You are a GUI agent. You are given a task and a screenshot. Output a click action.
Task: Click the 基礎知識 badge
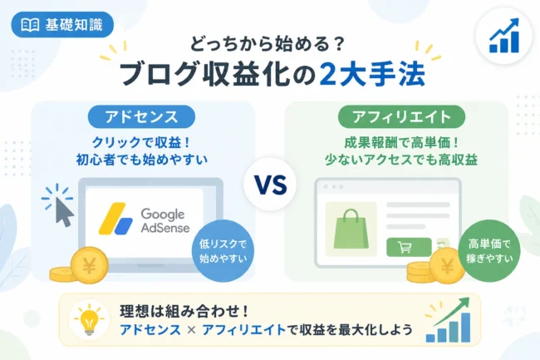click(62, 25)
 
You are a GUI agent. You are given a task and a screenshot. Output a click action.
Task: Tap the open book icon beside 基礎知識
click(30, 25)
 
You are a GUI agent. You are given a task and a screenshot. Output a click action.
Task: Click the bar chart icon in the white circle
click(503, 36)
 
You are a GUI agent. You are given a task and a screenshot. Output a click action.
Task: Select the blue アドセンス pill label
click(141, 116)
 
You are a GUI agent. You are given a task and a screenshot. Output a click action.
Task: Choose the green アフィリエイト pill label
click(401, 116)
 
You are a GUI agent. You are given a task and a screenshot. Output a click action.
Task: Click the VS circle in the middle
click(270, 185)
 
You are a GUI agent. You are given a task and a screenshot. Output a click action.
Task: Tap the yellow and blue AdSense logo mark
click(115, 219)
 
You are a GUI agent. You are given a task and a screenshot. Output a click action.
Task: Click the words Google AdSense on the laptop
click(165, 220)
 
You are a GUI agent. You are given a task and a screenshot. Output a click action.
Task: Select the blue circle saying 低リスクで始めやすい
click(223, 251)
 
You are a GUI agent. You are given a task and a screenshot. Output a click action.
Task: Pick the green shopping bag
click(351, 229)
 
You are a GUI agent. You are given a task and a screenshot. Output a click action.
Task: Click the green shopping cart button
click(409, 247)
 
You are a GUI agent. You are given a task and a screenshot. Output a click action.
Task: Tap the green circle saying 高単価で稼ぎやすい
click(489, 251)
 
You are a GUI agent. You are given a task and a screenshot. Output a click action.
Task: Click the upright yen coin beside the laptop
click(89, 265)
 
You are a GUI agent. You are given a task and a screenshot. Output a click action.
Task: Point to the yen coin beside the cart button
click(447, 265)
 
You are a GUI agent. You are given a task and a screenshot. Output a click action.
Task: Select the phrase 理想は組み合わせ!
click(184, 312)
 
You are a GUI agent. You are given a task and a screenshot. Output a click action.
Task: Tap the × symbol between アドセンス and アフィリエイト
click(191, 330)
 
